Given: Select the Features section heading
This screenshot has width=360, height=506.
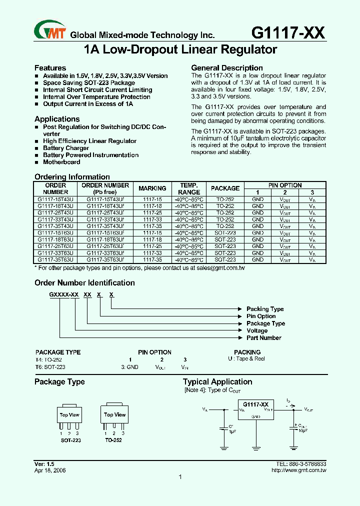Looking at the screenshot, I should [x=50, y=68].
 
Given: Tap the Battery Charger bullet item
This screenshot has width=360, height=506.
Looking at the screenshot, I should [x=66, y=148].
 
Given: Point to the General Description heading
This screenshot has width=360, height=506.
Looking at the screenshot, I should [x=227, y=68].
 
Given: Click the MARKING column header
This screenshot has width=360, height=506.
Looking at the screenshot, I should [x=152, y=188].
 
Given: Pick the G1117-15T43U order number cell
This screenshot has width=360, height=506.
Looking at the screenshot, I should [x=55, y=199].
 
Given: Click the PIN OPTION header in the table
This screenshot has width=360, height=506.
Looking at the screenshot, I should [x=285, y=185].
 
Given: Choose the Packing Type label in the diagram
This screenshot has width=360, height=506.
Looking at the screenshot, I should [x=265, y=309].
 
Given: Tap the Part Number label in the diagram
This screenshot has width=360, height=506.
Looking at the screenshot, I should [x=264, y=338].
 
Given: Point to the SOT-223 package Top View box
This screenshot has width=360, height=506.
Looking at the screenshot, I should [x=69, y=415].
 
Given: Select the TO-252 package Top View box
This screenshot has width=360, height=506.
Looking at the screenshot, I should [x=114, y=415].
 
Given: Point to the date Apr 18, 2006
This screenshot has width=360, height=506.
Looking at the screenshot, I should [x=50, y=470].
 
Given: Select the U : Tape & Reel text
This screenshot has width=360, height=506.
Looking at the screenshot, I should [x=246, y=359].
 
